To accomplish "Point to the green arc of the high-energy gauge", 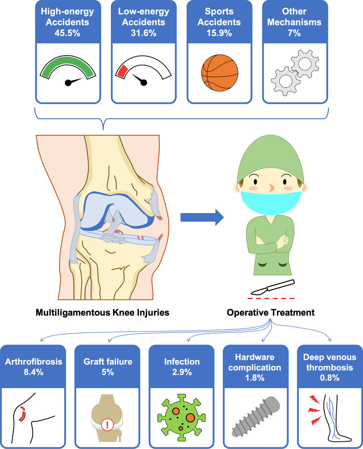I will coord(68,62).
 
